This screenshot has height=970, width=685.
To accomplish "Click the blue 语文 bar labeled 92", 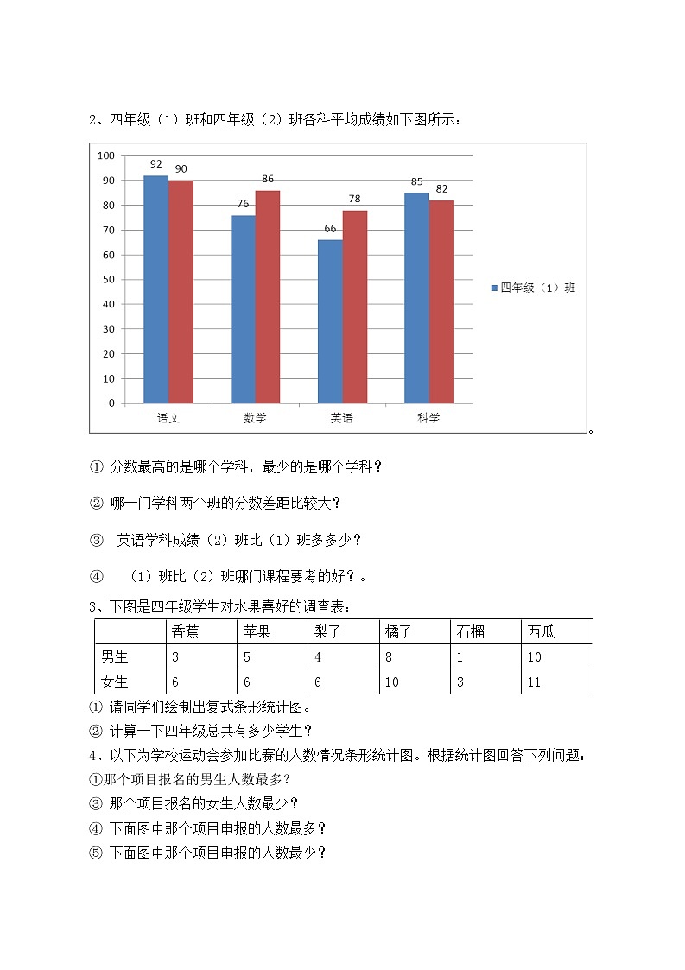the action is coord(155,289).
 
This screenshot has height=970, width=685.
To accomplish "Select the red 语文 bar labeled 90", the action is coord(181,292).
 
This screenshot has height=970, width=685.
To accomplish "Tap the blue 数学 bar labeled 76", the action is coord(243,309).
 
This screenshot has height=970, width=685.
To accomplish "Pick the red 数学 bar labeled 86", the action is coord(268,296).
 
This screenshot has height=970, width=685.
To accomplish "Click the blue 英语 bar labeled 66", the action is coord(330,321).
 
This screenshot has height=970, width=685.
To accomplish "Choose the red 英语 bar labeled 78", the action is coord(355,307).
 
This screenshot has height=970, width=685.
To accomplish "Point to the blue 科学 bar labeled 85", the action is coord(417,298).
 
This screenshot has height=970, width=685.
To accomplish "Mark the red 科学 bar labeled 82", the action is coord(441,301).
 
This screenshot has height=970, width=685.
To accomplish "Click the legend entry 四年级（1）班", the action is coord(533,288).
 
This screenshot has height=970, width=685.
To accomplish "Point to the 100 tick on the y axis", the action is coord(106,155).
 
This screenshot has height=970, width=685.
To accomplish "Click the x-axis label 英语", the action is coord(341,418).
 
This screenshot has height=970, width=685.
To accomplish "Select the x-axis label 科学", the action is coord(428,418).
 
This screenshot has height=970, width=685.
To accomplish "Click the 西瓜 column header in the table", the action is coord(542,631).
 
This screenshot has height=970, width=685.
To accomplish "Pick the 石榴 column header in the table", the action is coord(471,631).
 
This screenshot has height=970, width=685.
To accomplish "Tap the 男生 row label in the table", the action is coord(114,656).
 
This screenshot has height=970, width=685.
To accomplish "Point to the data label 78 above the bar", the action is coord(355,199).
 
